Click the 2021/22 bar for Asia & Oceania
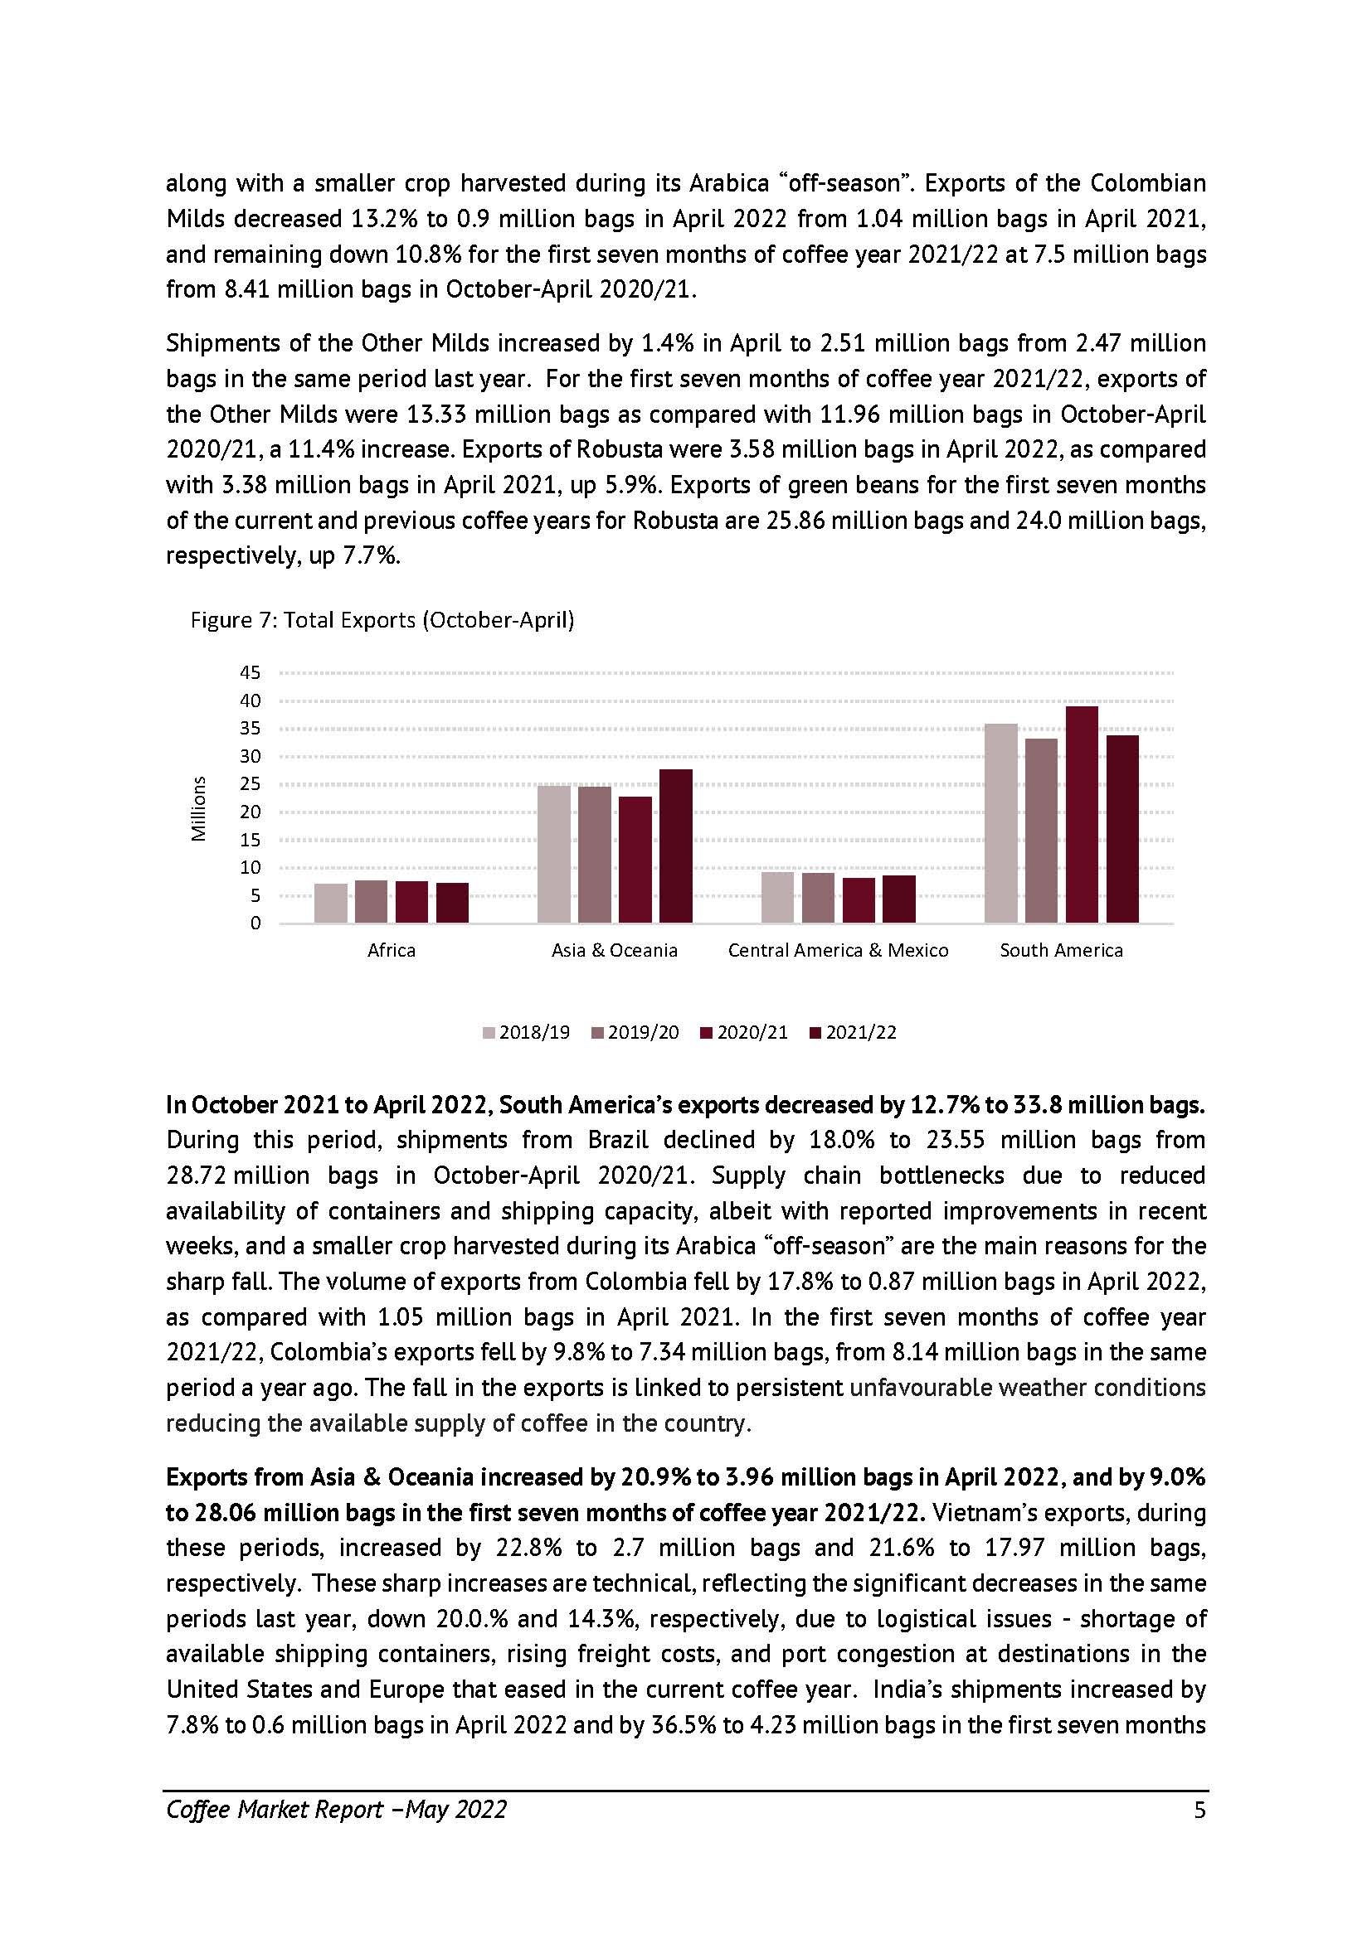click(676, 846)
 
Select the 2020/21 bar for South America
click(1082, 814)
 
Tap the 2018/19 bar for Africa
click(330, 903)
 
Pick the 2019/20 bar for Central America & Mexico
click(818, 897)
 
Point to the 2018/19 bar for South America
click(1001, 822)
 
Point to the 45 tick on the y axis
click(251, 673)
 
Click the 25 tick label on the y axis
click(251, 783)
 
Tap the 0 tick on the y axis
click(255, 923)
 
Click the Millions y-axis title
click(198, 808)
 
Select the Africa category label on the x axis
click(392, 950)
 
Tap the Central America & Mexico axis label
click(838, 950)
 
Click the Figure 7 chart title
click(382, 620)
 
